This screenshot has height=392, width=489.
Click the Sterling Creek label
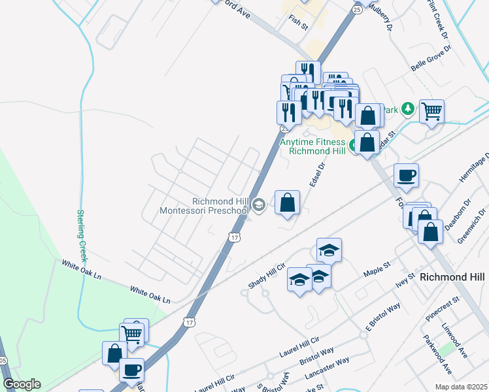click(x=82, y=235)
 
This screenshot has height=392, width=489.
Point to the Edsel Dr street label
click(x=317, y=174)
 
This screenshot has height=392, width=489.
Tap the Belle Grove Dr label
click(x=431, y=59)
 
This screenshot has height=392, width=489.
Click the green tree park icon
click(x=409, y=108)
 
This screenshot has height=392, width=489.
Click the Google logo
click(x=22, y=384)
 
